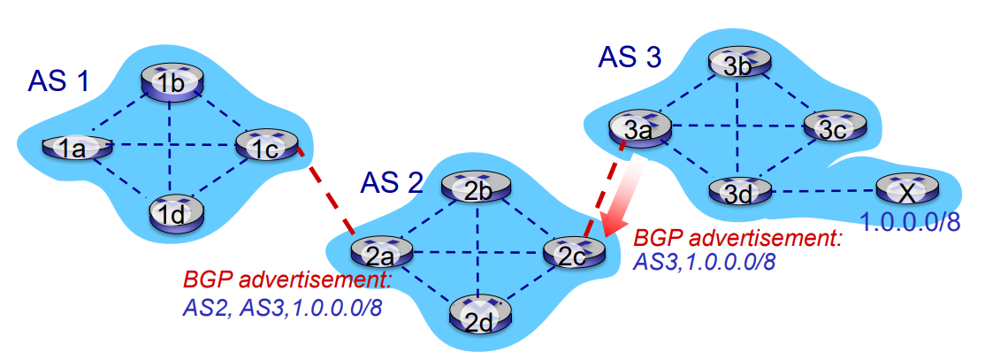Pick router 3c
point(833,130)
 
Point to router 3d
point(740,190)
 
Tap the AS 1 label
point(58,82)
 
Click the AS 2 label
point(392,182)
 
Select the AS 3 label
point(629,58)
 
